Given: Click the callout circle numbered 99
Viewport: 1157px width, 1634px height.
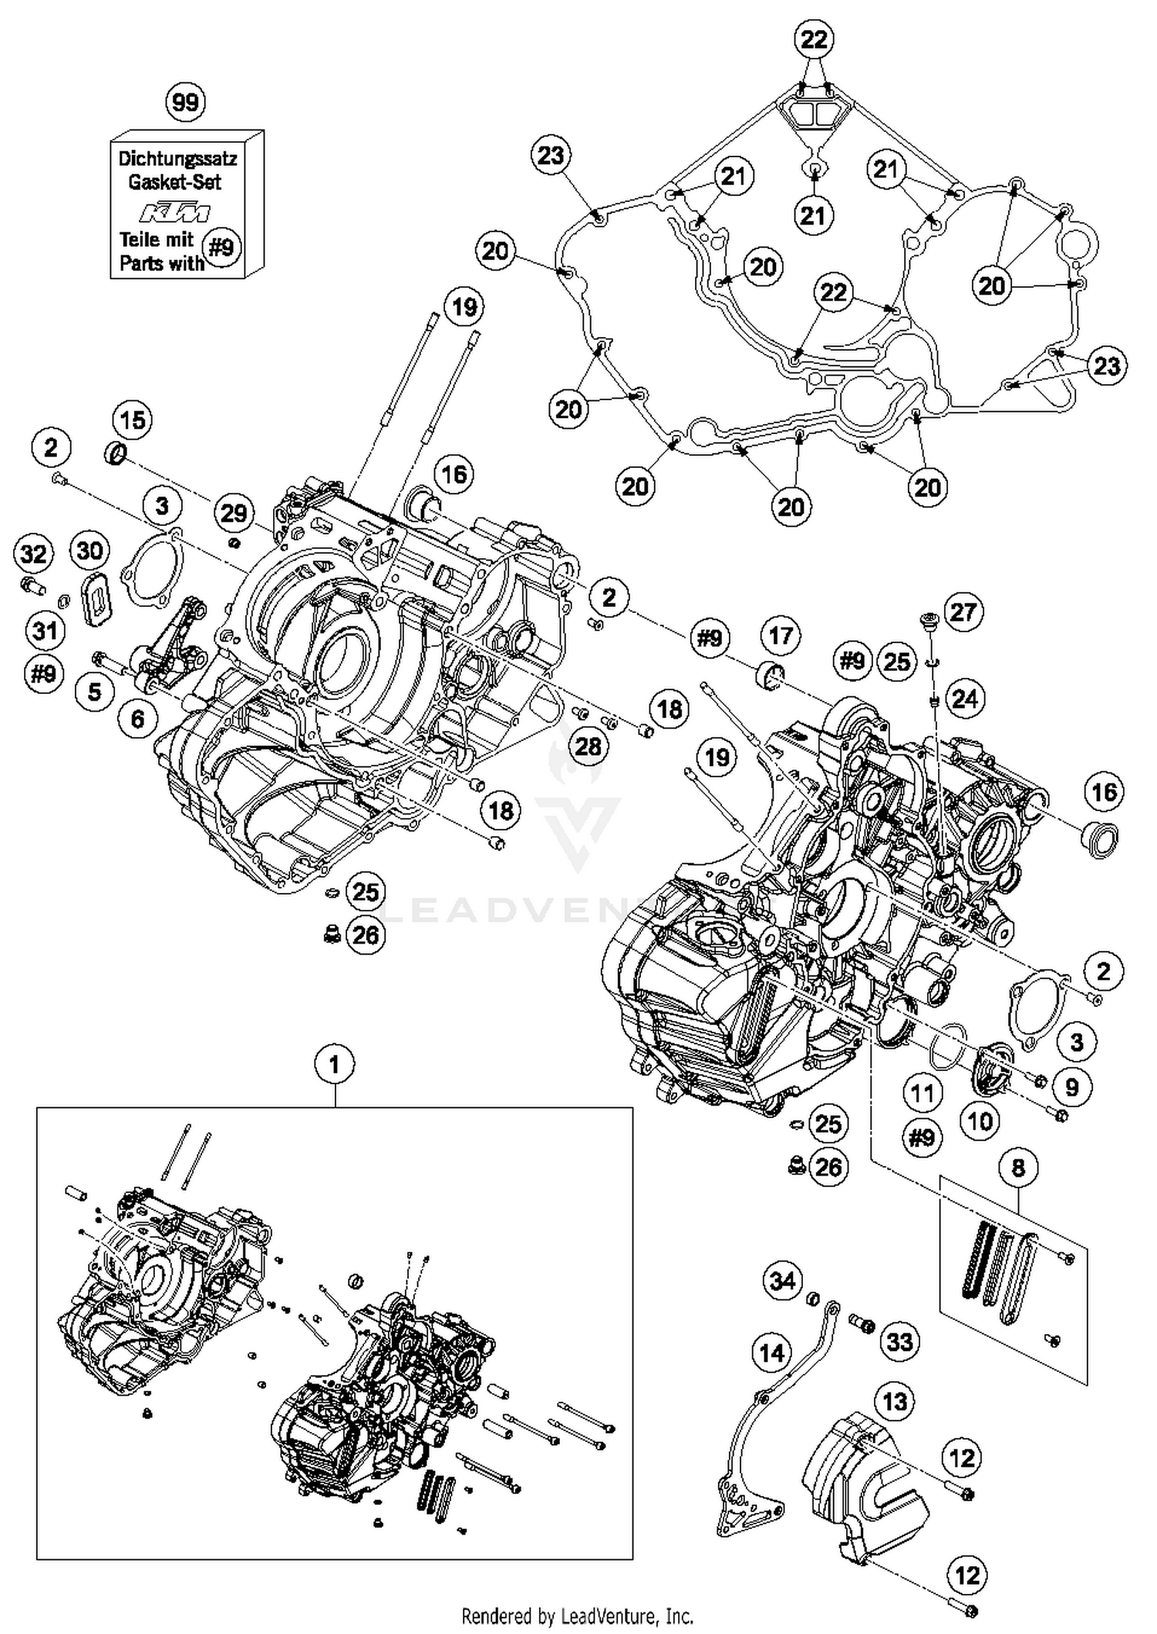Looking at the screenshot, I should click(186, 102).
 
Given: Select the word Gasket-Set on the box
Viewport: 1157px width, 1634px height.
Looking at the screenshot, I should click(174, 182).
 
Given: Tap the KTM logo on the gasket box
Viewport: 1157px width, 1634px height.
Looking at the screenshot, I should click(174, 212).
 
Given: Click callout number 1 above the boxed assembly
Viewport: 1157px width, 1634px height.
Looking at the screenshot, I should click(334, 1064).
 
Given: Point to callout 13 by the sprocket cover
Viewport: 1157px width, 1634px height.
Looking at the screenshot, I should click(895, 1400).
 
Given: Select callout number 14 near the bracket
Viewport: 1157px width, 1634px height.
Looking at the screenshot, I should click(771, 1352).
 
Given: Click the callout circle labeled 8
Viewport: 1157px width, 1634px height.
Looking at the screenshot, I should click(1018, 1167).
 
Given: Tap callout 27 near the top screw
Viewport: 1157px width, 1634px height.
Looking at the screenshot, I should click(963, 612).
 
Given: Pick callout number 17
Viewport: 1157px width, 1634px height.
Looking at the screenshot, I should click(781, 635).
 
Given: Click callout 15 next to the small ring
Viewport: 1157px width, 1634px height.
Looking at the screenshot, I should click(133, 420).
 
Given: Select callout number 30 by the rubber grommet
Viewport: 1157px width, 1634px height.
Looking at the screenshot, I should click(90, 551).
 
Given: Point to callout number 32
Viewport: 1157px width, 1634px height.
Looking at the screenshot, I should click(33, 553).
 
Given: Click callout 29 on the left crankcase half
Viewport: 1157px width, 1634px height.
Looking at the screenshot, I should click(234, 513).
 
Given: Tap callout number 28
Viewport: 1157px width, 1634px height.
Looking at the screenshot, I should click(589, 746).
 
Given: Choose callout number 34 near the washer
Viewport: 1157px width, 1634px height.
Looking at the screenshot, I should click(782, 1281).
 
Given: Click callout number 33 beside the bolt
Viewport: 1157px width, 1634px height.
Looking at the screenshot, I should click(900, 1342).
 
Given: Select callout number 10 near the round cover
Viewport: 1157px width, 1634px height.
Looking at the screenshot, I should click(980, 1120).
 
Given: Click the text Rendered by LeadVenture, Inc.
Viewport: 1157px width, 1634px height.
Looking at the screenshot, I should click(577, 1615).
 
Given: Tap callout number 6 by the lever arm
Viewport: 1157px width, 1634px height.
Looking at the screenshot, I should click(137, 719).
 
